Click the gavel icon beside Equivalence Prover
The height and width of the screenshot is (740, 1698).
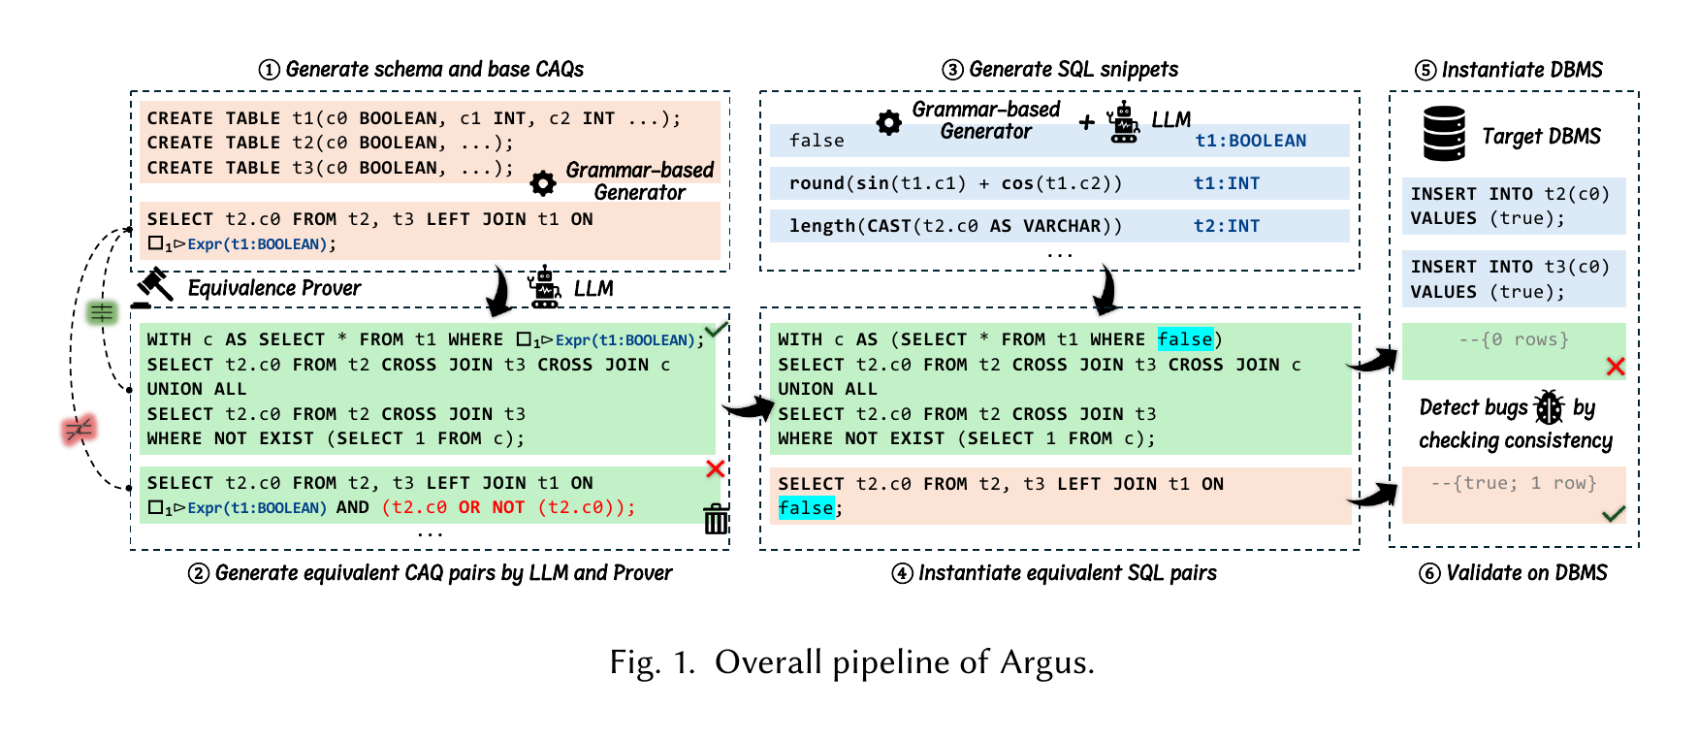tap(152, 288)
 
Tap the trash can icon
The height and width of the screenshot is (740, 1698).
tap(716, 519)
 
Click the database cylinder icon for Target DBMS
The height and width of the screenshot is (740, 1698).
tap(1444, 134)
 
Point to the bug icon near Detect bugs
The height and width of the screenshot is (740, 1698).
tap(1550, 407)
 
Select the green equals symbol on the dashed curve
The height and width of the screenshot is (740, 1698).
tap(102, 312)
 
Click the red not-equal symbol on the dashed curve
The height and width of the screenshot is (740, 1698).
tap(79, 429)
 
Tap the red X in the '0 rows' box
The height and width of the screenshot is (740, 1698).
tap(1615, 367)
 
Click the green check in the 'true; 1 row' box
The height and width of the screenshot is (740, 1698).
tap(1614, 513)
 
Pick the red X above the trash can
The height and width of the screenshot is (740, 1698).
tap(716, 469)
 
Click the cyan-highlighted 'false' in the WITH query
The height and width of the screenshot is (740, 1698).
tap(1185, 339)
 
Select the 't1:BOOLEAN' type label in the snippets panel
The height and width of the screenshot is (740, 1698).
tap(1250, 141)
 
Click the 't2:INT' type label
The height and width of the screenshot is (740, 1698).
tap(1227, 226)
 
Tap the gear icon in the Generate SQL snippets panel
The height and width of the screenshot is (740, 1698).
tap(888, 123)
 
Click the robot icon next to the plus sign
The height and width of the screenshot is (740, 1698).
tap(1124, 122)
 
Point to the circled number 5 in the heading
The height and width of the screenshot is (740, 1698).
tap(1425, 70)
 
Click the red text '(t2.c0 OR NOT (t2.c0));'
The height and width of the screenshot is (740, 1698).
tap(508, 507)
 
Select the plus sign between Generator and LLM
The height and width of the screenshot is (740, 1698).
tap(1087, 122)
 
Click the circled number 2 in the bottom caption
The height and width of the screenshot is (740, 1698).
tap(198, 573)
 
